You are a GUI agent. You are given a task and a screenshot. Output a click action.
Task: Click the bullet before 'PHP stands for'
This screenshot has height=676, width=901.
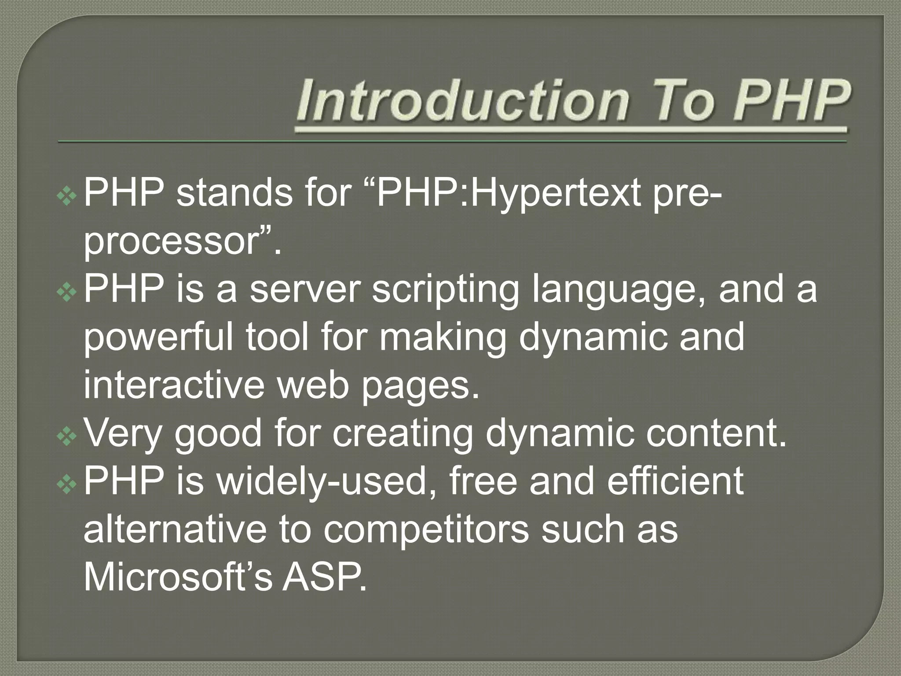coord(67,196)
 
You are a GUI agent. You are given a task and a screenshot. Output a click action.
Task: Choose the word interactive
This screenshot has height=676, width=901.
coord(174,385)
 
